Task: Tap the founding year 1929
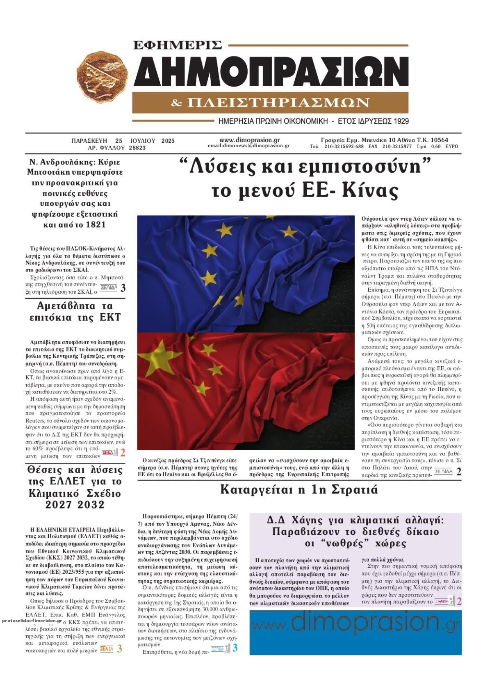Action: click(x=400, y=121)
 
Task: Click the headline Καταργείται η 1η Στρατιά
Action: click(x=299, y=490)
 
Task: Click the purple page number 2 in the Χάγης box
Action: click(x=459, y=602)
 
